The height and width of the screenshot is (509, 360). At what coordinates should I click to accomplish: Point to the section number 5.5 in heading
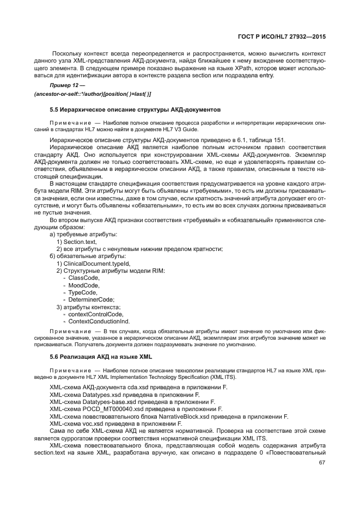(x=54, y=110)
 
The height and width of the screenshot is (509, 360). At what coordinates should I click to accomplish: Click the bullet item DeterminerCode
(x=91, y=299)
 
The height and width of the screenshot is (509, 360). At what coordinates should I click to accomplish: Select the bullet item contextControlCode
(x=95, y=314)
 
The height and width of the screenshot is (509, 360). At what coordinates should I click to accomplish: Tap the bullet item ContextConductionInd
(x=99, y=321)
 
